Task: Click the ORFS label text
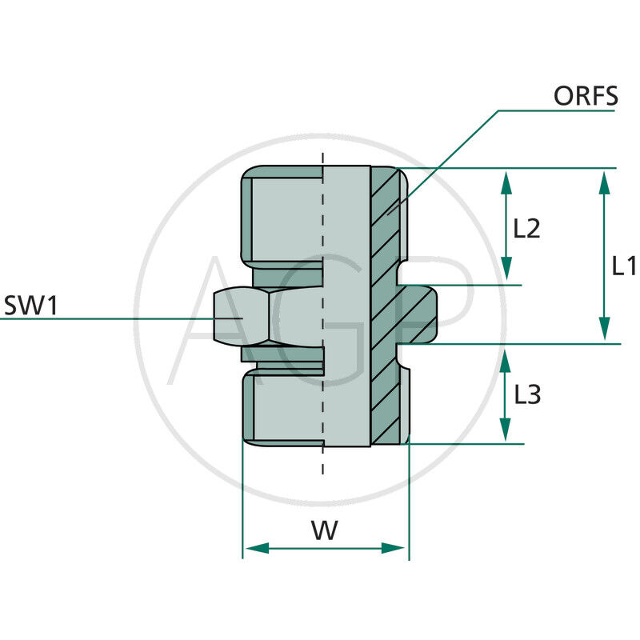586,96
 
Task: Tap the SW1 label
30,305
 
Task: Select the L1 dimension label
623,266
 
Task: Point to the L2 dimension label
527,230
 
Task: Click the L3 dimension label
527,394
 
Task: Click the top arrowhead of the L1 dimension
605,181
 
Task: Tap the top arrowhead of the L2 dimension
506,181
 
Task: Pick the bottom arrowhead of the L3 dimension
506,432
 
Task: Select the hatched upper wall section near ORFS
389,216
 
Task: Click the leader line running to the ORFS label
448,160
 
